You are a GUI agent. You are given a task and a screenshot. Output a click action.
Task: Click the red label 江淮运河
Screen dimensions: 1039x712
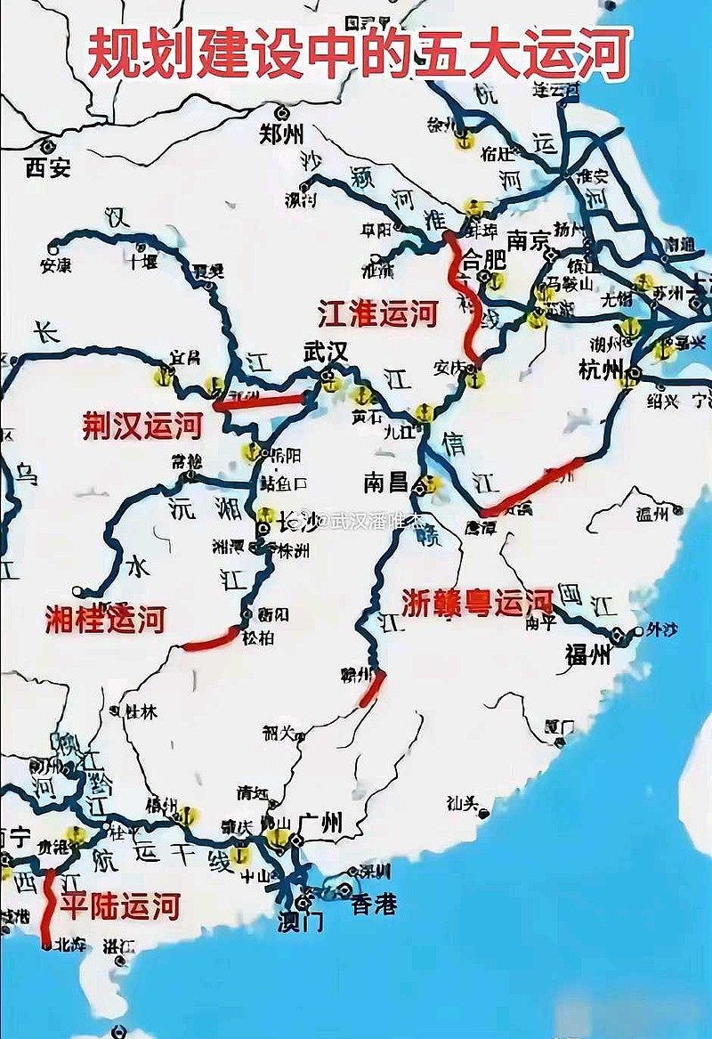point(378,314)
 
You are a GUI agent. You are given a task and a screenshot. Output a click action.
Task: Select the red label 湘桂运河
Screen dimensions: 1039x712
point(105,619)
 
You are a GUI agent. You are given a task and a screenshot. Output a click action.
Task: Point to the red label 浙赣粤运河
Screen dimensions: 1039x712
point(477,603)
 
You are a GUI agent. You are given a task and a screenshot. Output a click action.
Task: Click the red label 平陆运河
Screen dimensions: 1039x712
point(120,906)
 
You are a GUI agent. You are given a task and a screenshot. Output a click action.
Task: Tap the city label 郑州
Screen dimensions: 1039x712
point(281,135)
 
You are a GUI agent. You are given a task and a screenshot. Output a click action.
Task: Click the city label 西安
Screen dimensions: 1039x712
point(48,166)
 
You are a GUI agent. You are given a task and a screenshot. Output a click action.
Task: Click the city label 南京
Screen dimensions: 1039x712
point(530,240)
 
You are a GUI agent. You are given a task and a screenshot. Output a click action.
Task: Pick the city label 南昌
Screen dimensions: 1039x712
point(386,483)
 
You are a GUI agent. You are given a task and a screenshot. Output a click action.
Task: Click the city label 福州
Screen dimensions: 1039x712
point(588,655)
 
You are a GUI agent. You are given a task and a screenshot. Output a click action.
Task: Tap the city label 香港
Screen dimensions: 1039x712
point(374,905)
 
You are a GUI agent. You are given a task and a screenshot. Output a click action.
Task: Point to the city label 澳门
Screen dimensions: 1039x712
point(300,921)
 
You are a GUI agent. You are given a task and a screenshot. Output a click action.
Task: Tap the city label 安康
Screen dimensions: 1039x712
point(55,264)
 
